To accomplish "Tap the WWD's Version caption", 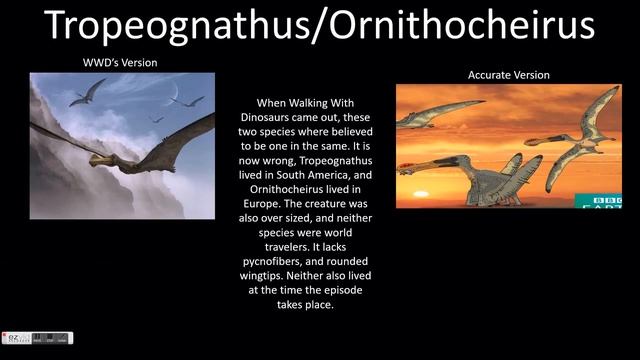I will [119, 63].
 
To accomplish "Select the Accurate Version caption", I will [508, 75].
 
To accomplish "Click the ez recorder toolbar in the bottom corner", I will [36, 338].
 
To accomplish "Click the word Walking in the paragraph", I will [314, 103].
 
